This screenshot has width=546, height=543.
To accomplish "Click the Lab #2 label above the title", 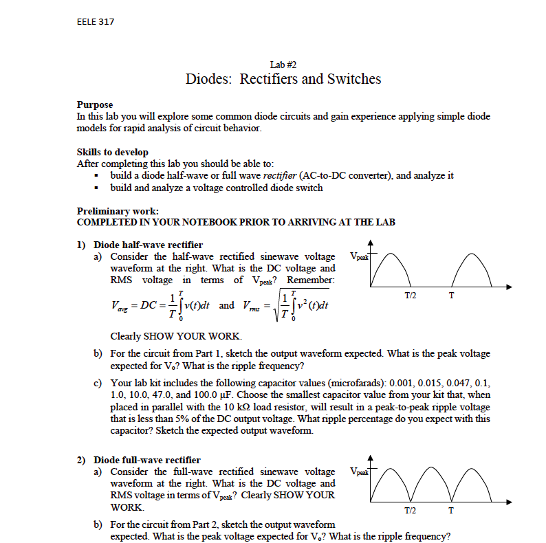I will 283,64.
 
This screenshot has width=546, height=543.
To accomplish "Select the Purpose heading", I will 95,105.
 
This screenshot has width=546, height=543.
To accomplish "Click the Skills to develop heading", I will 113,152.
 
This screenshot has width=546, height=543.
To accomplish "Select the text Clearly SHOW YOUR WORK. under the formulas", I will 176,336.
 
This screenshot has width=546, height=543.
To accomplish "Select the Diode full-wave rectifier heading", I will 147,460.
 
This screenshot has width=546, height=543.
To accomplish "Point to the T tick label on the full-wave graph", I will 451,510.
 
